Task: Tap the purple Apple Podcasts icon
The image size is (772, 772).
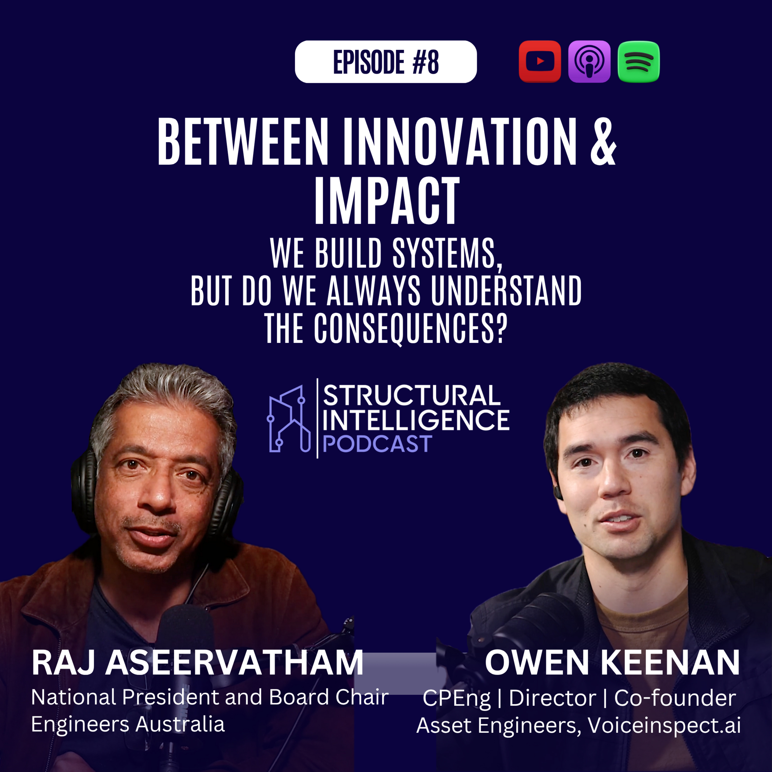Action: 589,62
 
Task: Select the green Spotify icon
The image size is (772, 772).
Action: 638,62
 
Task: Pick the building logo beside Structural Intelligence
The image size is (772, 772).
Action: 288,419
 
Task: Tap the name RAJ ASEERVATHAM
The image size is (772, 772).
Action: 197,663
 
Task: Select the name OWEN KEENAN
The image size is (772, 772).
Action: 612,663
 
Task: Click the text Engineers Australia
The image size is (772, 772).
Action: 128,724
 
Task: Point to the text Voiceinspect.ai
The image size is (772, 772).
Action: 664,725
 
